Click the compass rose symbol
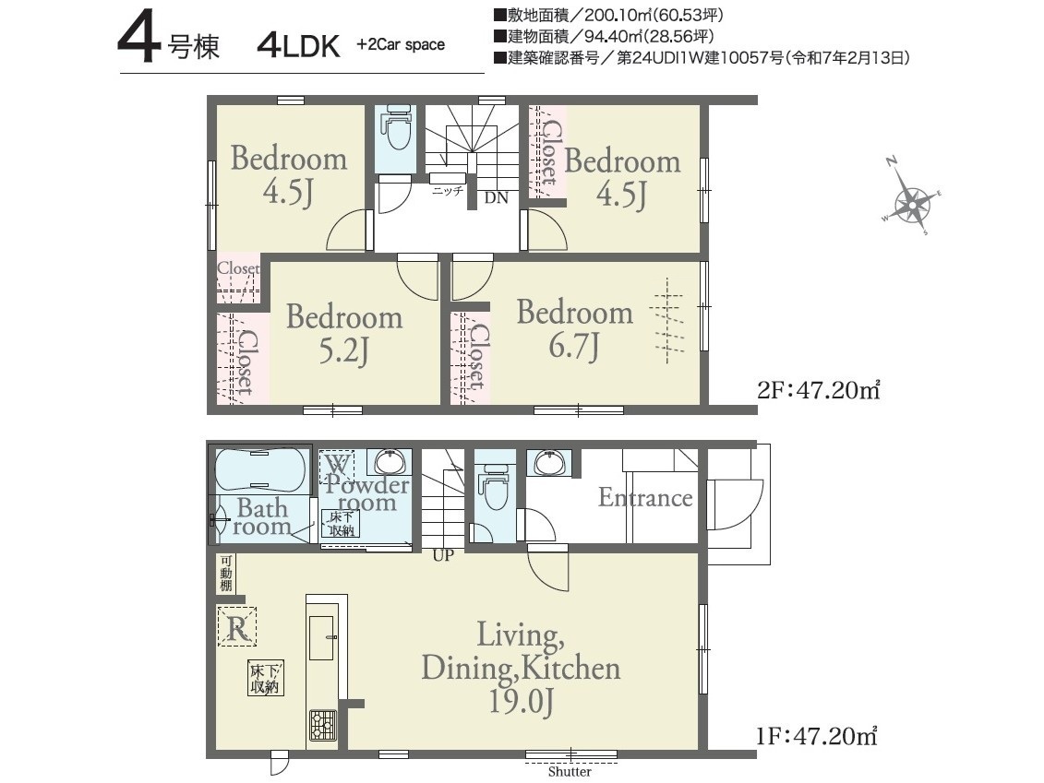911,197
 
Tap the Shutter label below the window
570,772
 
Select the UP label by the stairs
443,555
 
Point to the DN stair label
496,197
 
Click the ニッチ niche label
448,191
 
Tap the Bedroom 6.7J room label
574,328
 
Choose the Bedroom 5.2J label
344,333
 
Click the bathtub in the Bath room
260,470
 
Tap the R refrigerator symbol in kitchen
238,626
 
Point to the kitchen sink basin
321,637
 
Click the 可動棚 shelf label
226,575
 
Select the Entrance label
645,498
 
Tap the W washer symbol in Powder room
336,467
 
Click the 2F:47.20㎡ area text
818,389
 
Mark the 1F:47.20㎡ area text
816,737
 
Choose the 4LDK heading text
298,45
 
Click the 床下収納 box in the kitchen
266,678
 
